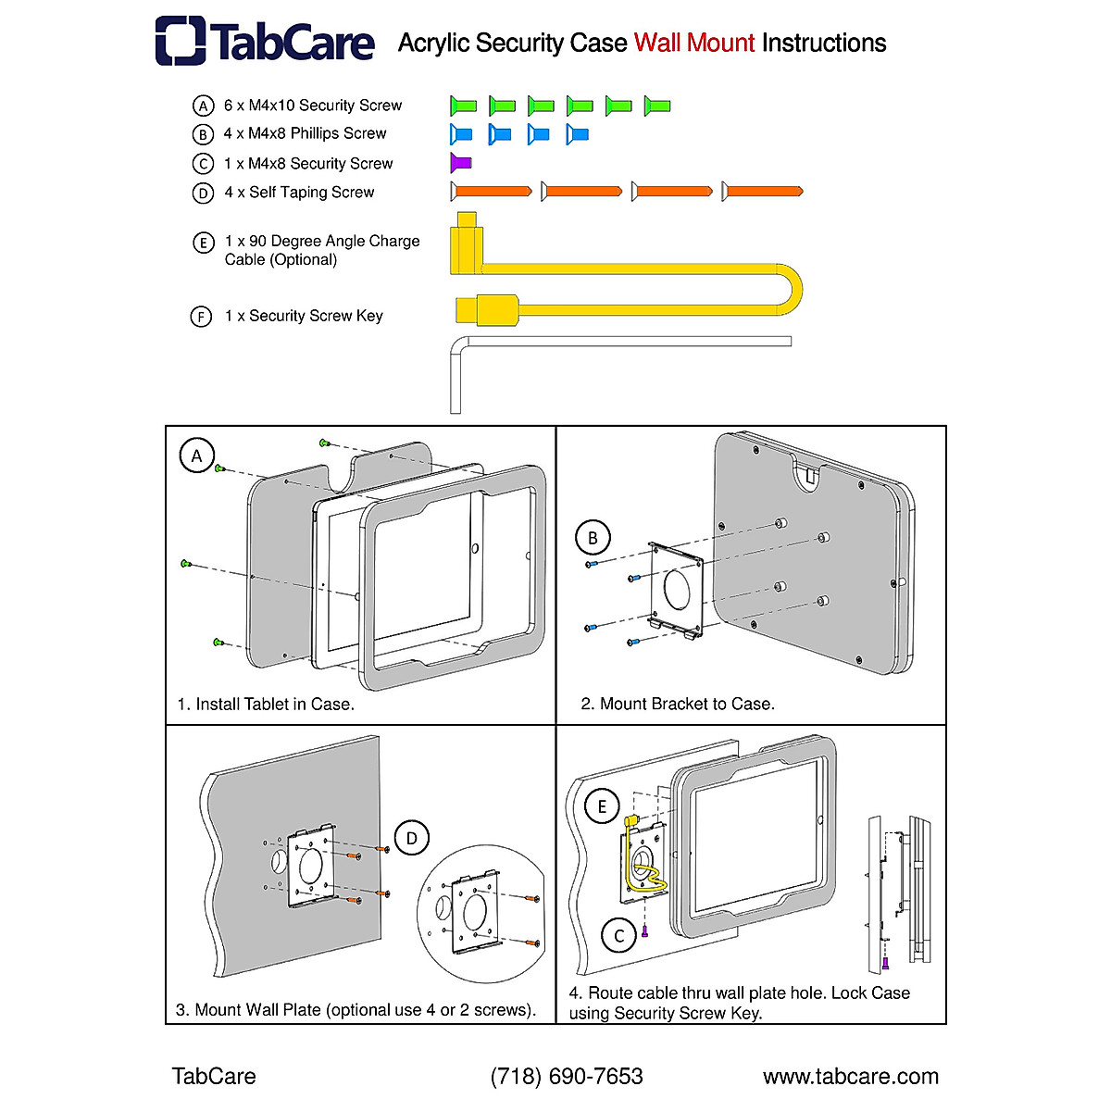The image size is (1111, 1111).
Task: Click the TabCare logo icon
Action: click(181, 41)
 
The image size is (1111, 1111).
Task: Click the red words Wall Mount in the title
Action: click(694, 44)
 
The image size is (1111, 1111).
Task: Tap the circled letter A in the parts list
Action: click(203, 106)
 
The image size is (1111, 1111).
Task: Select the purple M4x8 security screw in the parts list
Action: click(460, 163)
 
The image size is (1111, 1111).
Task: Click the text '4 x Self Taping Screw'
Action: click(299, 193)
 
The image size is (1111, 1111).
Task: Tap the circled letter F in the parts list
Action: click(201, 317)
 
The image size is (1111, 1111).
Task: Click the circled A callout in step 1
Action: click(196, 456)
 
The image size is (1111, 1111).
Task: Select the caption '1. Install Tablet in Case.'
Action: click(266, 705)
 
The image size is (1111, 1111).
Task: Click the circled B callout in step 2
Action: click(593, 537)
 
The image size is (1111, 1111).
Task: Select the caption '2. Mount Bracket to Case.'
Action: click(678, 705)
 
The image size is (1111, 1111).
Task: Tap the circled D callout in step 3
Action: click(412, 839)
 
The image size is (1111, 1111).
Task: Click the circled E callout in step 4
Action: click(602, 806)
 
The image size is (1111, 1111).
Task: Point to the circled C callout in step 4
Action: click(619, 936)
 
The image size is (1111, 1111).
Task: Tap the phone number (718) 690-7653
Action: click(567, 1077)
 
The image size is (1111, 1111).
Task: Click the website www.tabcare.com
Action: click(851, 1077)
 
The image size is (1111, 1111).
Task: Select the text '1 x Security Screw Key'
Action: click(304, 317)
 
